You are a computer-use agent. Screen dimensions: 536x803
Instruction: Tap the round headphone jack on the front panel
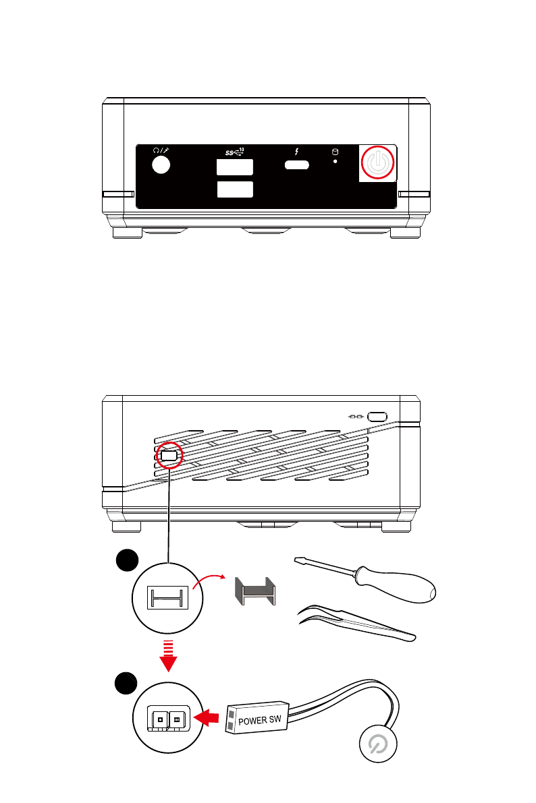[x=160, y=165]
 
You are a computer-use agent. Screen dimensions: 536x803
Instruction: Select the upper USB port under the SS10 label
[x=235, y=167]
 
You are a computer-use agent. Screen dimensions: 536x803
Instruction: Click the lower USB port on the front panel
[x=235, y=189]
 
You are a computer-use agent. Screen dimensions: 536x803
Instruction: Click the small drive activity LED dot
[x=336, y=162]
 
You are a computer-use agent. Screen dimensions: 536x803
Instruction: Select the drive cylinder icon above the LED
[x=335, y=152]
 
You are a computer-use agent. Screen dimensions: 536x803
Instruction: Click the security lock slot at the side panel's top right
[x=377, y=417]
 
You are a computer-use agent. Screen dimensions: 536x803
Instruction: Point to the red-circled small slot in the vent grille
[x=169, y=456]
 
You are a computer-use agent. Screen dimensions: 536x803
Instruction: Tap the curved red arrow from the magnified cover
[x=211, y=578]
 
